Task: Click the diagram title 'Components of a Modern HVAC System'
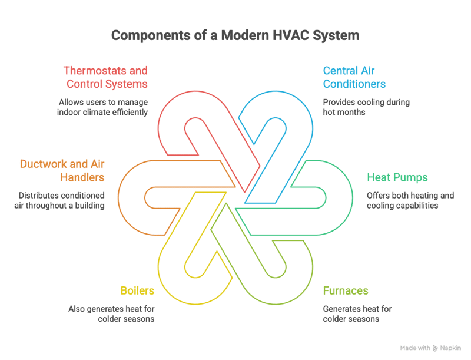pyautogui.click(x=235, y=36)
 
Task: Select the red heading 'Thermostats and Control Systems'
pyautogui.click(x=105, y=77)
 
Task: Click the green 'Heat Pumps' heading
pyautogui.click(x=397, y=177)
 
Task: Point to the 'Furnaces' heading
pyautogui.click(x=346, y=290)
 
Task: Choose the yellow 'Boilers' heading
pyautogui.click(x=137, y=290)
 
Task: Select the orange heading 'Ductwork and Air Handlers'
pyautogui.click(x=62, y=170)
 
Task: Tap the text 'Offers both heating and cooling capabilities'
pyautogui.click(x=410, y=200)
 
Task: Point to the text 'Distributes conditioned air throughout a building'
pyautogui.click(x=60, y=200)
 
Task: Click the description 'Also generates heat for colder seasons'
pyautogui.click(x=112, y=313)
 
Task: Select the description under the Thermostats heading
pyautogui.click(x=103, y=107)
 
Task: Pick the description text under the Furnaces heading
pyautogui.click(x=357, y=313)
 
